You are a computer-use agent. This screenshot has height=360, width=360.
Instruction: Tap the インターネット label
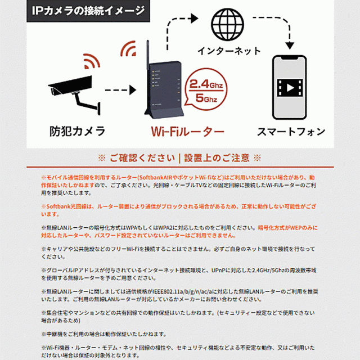click(229, 51)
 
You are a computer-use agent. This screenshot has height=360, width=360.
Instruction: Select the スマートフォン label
click(291, 132)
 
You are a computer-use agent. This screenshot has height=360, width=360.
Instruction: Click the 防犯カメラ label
click(78, 132)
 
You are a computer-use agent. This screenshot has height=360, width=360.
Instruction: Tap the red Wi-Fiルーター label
click(187, 132)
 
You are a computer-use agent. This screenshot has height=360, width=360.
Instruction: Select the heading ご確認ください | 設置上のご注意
click(179, 158)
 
